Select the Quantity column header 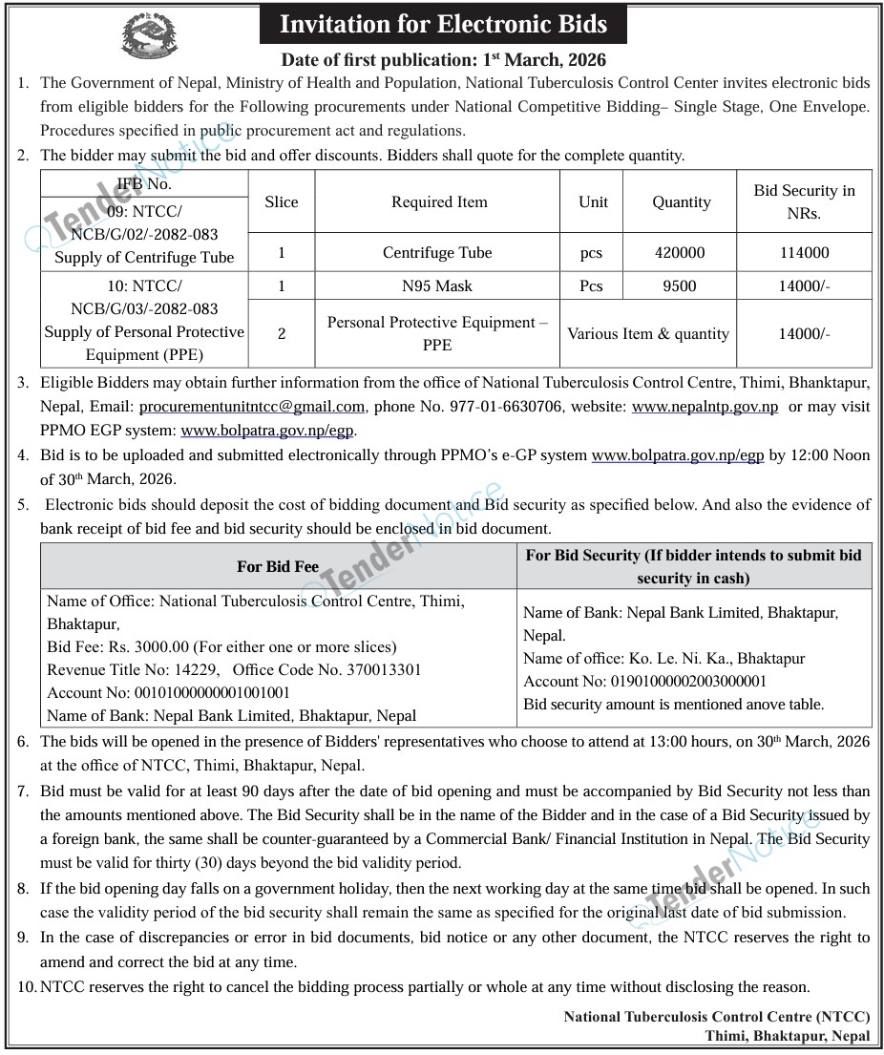point(681,202)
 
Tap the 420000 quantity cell point(681,253)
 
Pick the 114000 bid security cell point(804,253)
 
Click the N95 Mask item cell point(439,285)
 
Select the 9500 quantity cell point(681,285)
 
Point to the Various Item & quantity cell point(648,334)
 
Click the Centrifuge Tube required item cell point(438,253)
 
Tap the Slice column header point(282,202)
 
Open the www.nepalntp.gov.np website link point(705,408)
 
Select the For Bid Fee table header point(278,567)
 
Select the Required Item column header point(439,202)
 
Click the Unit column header point(592,202)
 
